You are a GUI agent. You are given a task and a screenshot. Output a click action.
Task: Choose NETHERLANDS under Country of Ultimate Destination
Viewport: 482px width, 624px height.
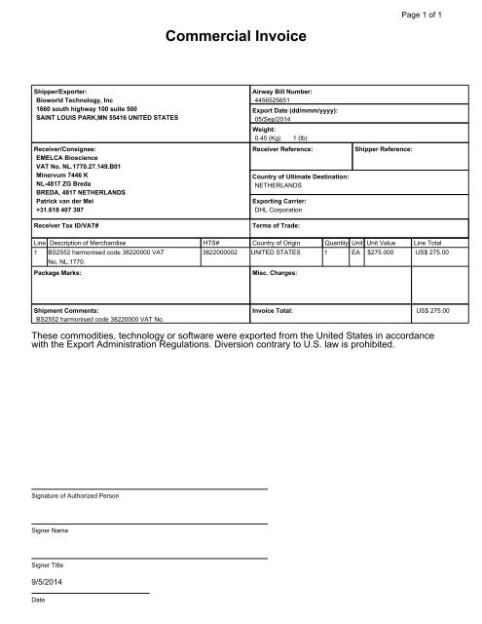pos(282,184)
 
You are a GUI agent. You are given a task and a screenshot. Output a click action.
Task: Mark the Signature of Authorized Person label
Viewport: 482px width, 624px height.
pos(76,495)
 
